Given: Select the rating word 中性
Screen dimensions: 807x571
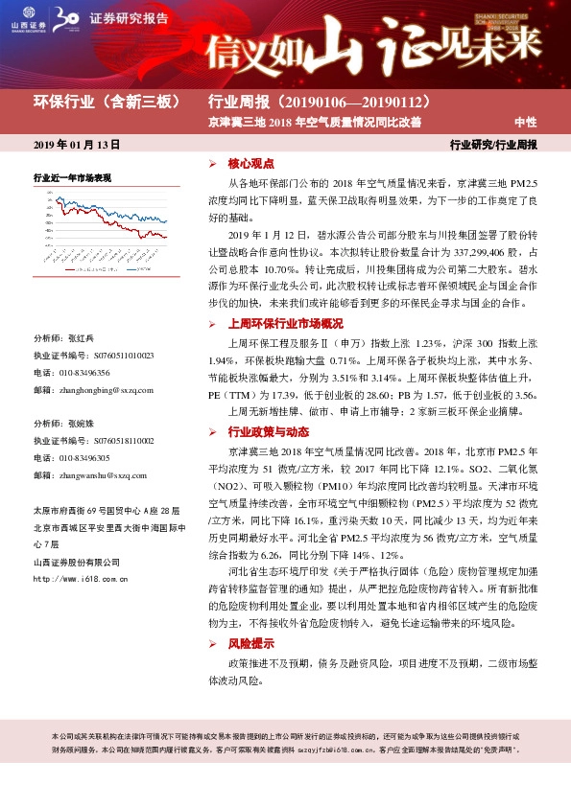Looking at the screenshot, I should coord(525,122).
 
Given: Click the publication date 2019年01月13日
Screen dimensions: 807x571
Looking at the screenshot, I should coord(77,145).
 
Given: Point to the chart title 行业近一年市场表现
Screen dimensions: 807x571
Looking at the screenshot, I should coord(73,178).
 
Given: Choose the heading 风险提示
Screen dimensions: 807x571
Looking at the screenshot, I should coord(251,644).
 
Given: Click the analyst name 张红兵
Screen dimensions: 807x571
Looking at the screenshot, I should coord(81,339).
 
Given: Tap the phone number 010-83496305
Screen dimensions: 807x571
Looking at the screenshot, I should coord(85,458).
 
